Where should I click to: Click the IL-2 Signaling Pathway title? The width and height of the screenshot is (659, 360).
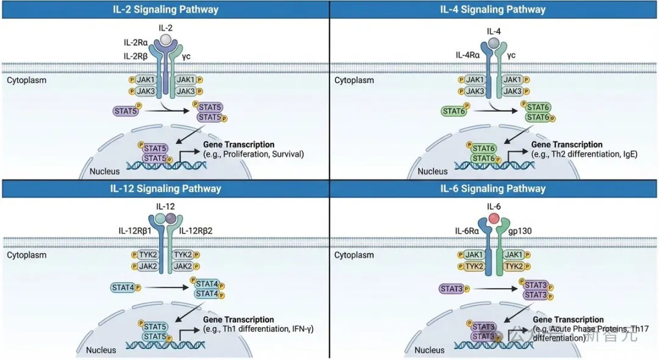point(165,10)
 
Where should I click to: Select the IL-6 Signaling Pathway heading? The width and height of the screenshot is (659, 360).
point(493,189)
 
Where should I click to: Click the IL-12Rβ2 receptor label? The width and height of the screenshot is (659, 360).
point(199,230)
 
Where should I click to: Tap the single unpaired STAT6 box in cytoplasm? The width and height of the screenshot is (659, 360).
point(453,111)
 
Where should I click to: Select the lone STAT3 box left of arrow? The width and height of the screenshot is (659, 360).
point(452,287)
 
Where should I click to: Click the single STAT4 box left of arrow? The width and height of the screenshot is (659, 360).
point(123,287)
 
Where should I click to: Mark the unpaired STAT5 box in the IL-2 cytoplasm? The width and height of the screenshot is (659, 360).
point(124,111)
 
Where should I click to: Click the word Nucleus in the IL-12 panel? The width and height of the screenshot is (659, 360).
point(101,350)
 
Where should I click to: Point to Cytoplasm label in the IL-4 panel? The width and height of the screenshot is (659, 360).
point(354,80)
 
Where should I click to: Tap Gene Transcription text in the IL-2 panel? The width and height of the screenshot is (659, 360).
point(239,144)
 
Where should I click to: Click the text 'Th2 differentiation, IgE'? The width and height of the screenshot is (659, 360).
point(584,154)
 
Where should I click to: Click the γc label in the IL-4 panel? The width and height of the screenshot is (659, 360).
point(511,56)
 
